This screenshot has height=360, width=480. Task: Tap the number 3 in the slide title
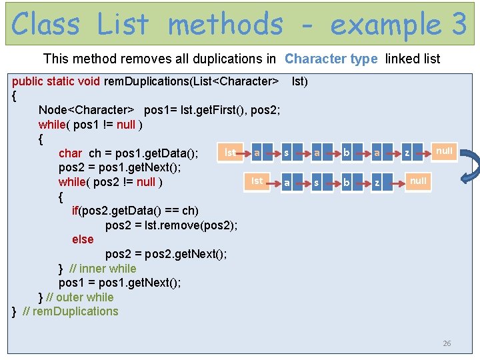458,25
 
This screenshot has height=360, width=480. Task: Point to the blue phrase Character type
331,59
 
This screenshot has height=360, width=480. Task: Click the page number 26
447,343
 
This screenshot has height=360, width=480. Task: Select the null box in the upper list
443,151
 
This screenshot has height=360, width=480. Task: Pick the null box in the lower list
418,181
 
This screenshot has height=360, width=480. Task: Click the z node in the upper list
407,153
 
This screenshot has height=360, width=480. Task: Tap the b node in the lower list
347,182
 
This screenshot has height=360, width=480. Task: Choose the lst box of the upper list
229,153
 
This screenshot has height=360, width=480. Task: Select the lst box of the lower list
257,181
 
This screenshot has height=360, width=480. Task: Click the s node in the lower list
317,182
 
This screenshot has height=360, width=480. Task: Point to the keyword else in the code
83,239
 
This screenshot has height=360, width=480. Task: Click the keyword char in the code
71,153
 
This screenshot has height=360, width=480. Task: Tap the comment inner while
103,269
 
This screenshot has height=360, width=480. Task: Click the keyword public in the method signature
29,81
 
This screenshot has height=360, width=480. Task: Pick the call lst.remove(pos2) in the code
191,225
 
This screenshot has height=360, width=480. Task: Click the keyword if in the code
75,211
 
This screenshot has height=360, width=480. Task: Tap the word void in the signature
89,81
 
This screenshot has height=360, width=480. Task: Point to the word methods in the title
225,25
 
